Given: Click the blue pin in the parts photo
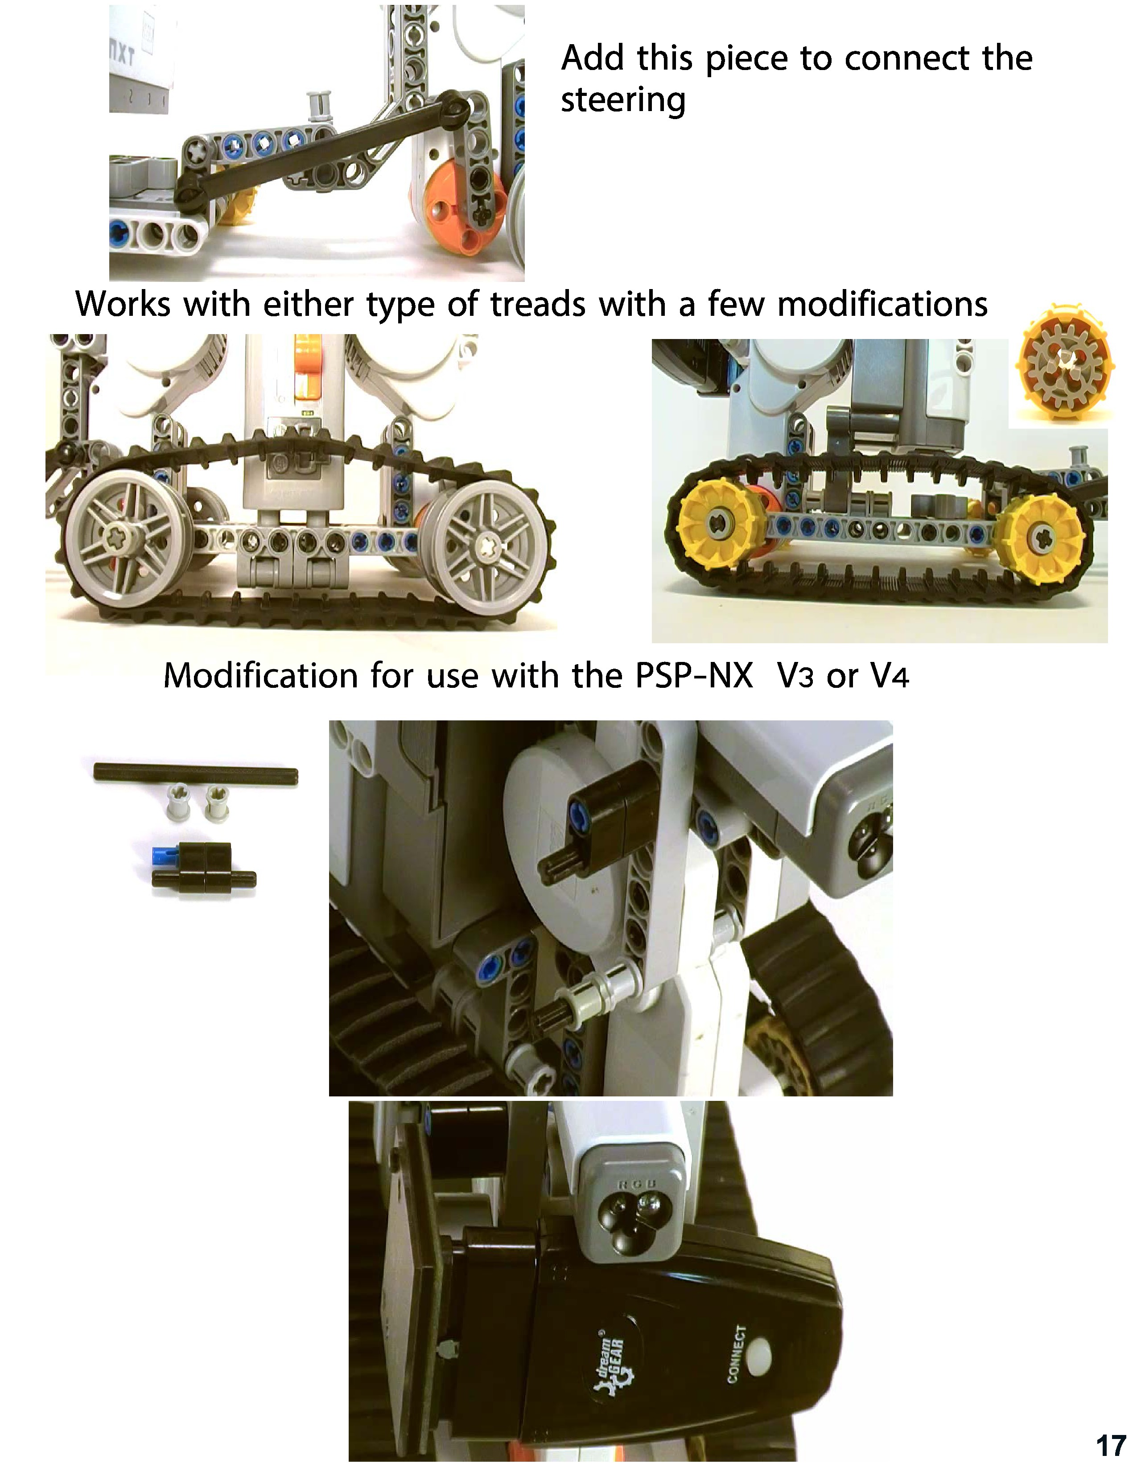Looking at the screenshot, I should pos(165,855).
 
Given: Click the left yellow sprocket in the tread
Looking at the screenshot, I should pos(719,529).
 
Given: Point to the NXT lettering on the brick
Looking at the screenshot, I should pos(122,53).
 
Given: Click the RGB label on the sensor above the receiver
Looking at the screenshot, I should pos(633,1185).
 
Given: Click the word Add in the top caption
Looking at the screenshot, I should pos(591,58).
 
